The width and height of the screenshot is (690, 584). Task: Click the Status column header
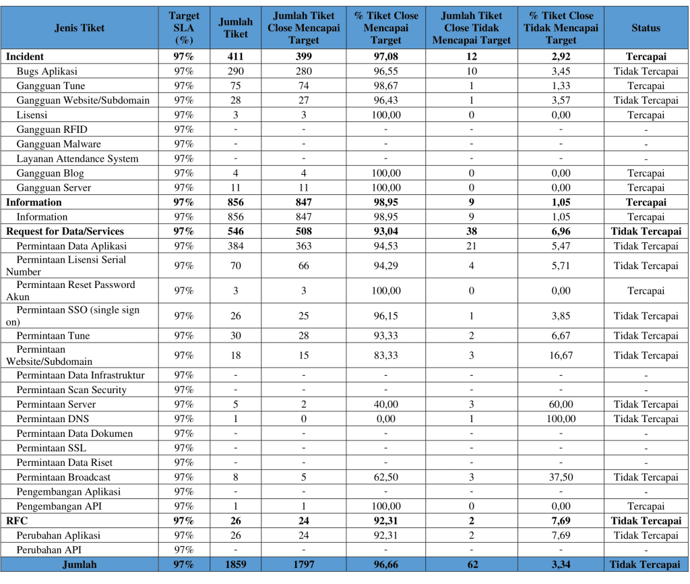(x=646, y=28)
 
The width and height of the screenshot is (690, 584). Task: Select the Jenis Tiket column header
(x=80, y=28)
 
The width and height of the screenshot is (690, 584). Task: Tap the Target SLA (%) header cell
(x=184, y=28)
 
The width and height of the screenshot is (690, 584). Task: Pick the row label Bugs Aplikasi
(x=47, y=71)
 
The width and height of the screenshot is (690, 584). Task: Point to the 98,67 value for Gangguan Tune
(x=385, y=86)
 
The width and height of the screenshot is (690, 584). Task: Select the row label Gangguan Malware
(x=59, y=144)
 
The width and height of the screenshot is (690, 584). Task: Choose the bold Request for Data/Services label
(x=65, y=231)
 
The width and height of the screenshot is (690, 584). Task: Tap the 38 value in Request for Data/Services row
(x=471, y=231)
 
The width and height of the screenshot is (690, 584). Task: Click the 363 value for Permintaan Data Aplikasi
(x=303, y=246)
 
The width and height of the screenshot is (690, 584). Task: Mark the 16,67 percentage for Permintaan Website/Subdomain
(x=561, y=355)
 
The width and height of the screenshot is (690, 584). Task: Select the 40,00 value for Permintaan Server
(x=385, y=405)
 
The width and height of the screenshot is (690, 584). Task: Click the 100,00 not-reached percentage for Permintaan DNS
(x=561, y=419)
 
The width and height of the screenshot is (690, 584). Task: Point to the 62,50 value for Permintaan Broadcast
(x=385, y=477)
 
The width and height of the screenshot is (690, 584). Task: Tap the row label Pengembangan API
(x=59, y=506)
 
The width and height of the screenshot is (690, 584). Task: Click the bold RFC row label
(x=18, y=521)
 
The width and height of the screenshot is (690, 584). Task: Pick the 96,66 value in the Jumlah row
(x=385, y=565)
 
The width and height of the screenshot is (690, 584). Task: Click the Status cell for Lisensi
(x=646, y=115)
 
